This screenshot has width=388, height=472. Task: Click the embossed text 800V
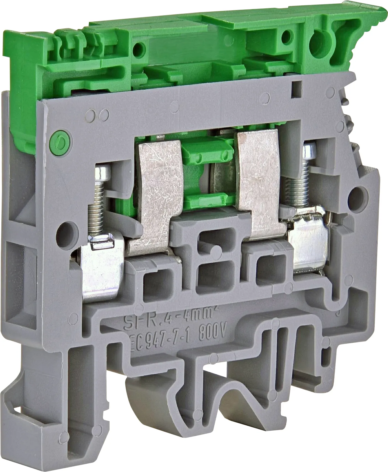[213, 332]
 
